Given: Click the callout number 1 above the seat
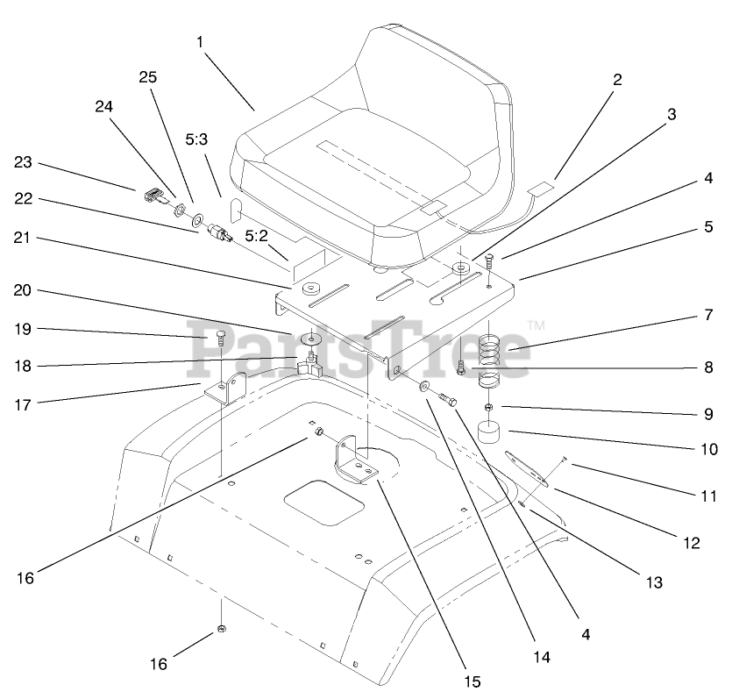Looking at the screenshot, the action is (x=200, y=41).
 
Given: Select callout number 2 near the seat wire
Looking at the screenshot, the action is (x=617, y=80).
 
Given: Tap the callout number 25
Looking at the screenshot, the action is (x=147, y=77).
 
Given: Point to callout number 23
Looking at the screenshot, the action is (x=23, y=162).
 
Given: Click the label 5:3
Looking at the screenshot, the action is (x=196, y=140).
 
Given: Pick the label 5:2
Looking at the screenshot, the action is (x=257, y=236).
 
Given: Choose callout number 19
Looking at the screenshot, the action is (x=23, y=329).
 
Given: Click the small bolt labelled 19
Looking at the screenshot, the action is (x=219, y=336).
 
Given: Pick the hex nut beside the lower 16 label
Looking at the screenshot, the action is (x=222, y=630).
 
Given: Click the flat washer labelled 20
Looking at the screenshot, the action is (x=311, y=339).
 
